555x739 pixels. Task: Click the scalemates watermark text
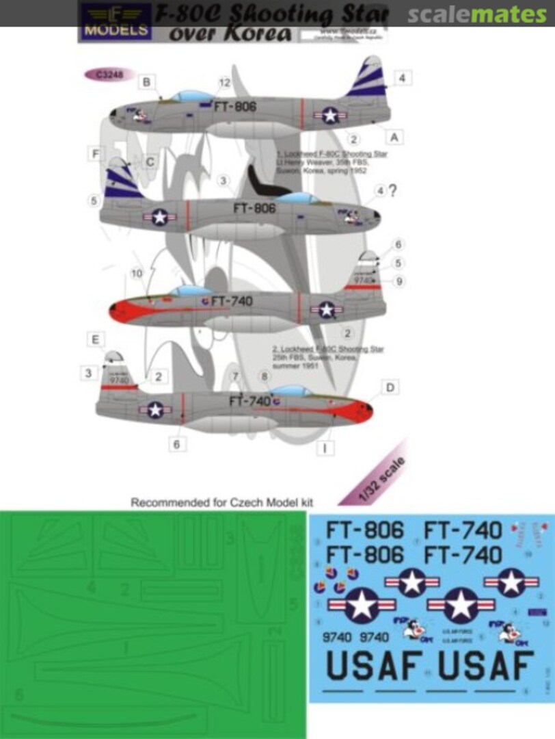pyautogui.click(x=478, y=13)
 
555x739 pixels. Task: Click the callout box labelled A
pyautogui.click(x=394, y=137)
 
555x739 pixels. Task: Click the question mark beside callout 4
pyautogui.click(x=392, y=192)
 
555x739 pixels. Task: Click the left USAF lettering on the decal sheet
pyautogui.click(x=373, y=667)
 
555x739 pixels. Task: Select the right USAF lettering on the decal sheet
pyautogui.click(x=486, y=667)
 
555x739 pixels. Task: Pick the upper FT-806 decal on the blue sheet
pyautogui.click(x=365, y=530)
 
